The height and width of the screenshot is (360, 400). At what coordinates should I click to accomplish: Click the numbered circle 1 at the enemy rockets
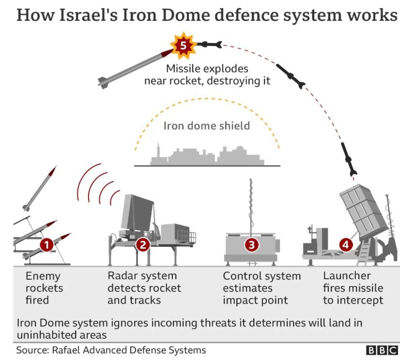(46, 245)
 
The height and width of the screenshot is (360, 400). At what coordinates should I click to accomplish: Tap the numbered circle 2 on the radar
(143, 245)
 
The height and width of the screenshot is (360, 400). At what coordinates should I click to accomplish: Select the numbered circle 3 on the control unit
(251, 245)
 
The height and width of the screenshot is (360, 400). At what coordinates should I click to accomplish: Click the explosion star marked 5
(183, 46)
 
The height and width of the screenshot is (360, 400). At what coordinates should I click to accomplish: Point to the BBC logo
(381, 350)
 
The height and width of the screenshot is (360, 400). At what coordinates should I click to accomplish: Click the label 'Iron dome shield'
(206, 126)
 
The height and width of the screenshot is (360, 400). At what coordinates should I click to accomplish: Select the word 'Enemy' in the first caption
(43, 276)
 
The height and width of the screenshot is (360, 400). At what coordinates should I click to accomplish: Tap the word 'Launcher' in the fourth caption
(347, 276)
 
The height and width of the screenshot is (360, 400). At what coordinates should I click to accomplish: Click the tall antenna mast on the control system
(251, 206)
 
